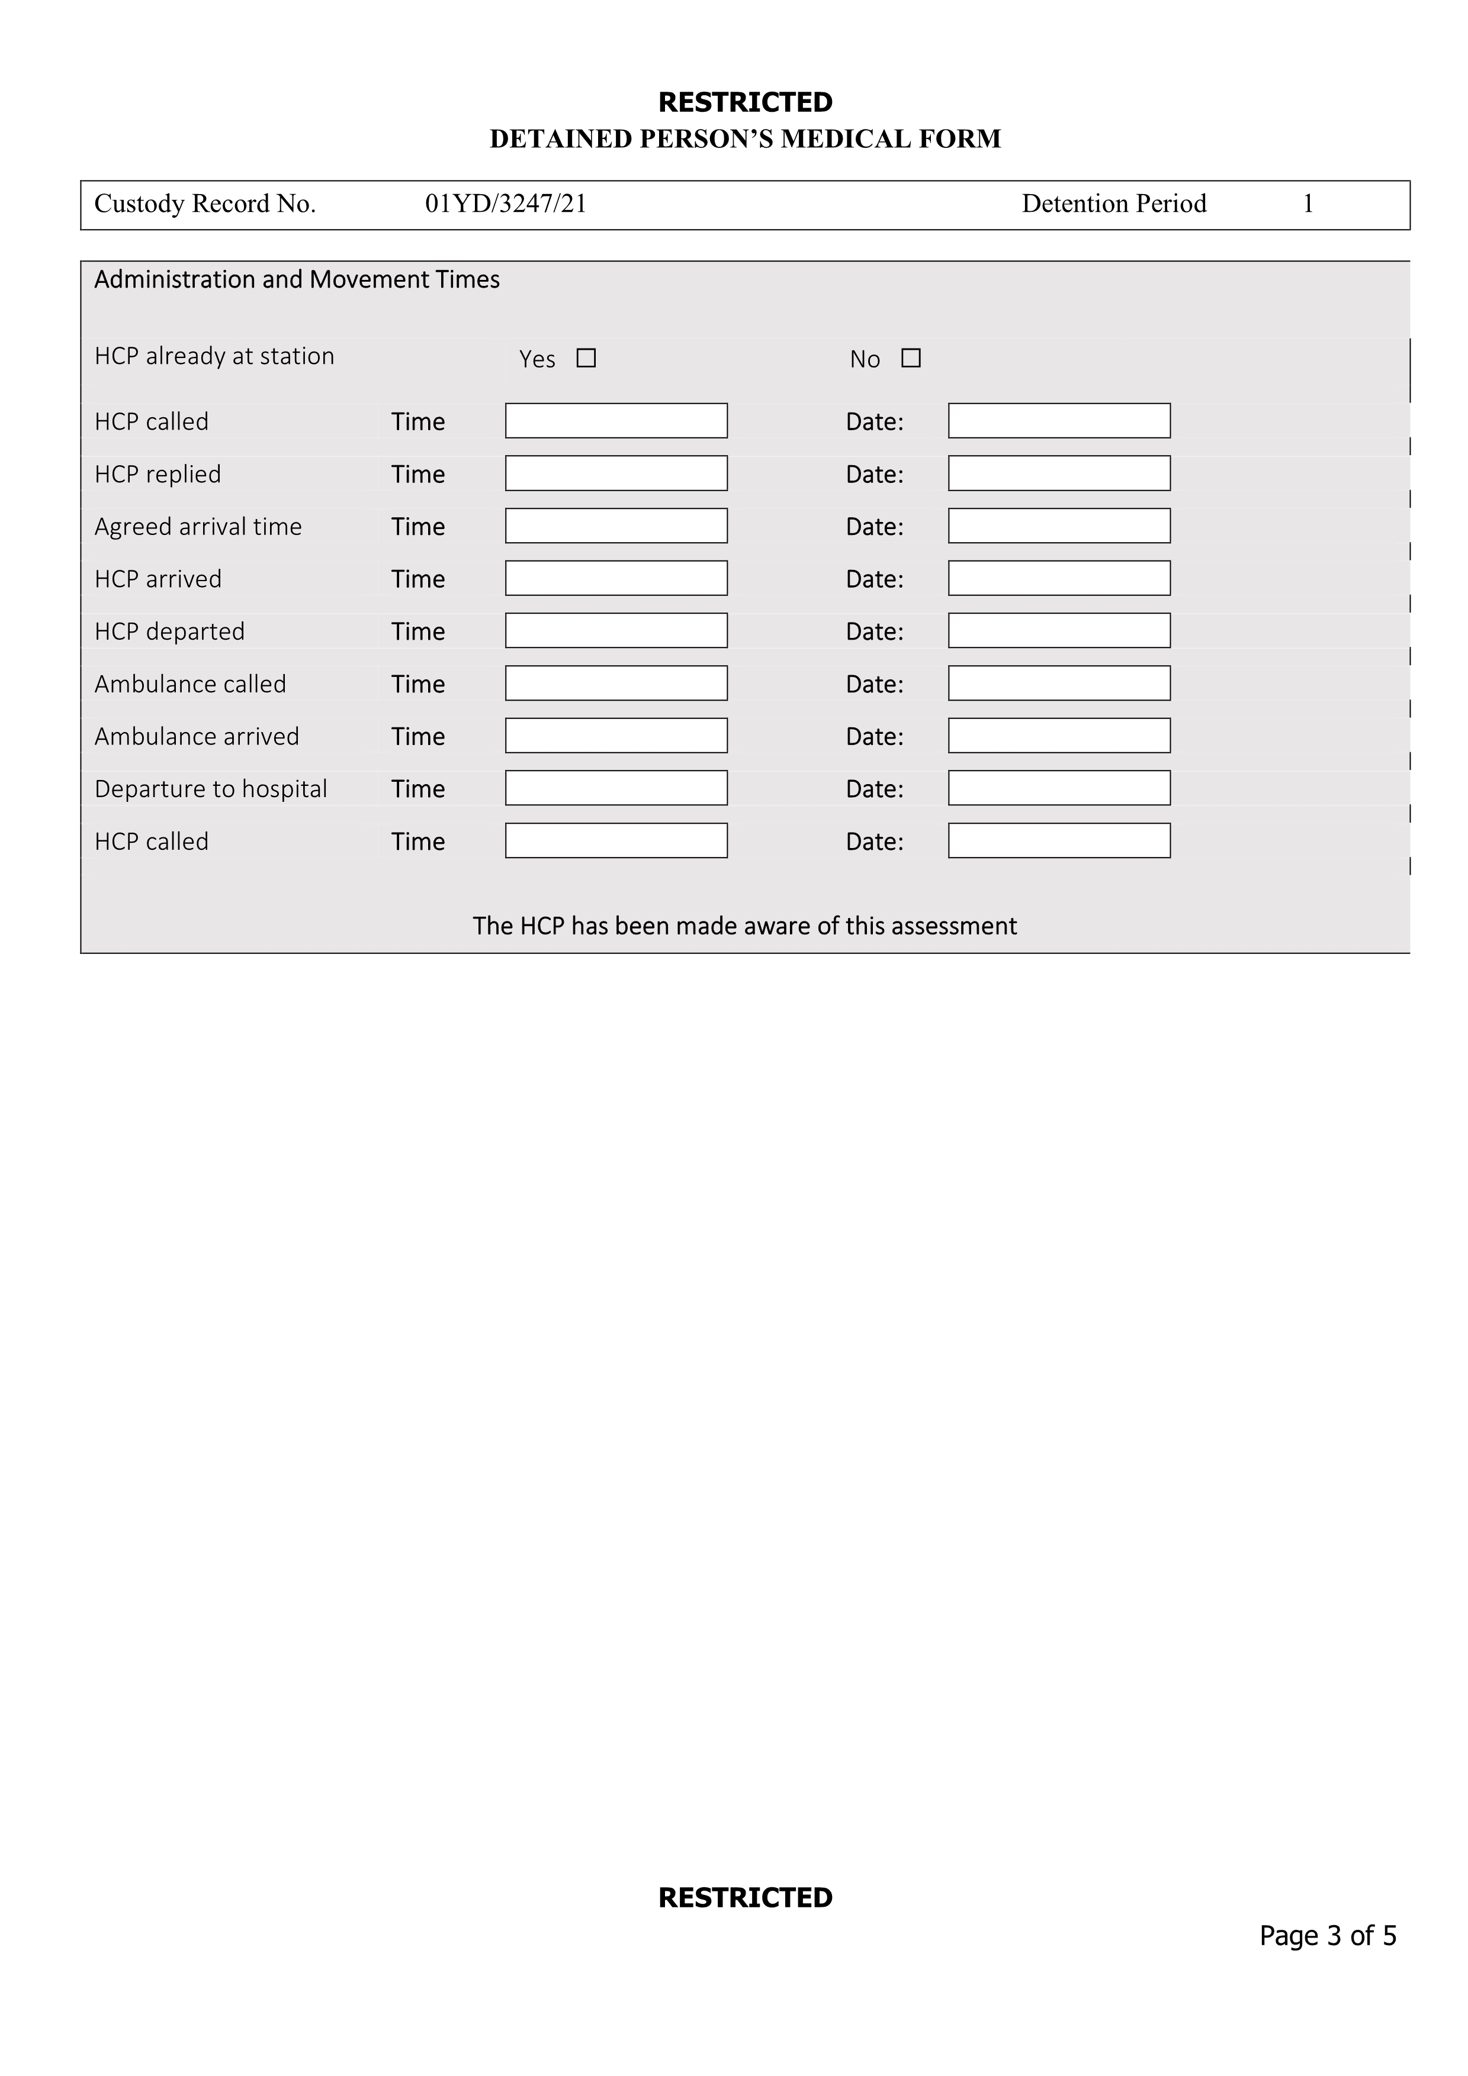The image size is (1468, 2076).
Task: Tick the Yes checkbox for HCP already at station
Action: [x=586, y=358]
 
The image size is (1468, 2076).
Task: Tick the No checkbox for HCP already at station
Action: [x=911, y=358]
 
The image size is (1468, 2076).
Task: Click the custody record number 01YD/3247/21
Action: [x=506, y=204]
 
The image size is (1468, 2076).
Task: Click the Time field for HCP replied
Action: [x=616, y=473]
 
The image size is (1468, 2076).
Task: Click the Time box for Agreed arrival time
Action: [x=616, y=526]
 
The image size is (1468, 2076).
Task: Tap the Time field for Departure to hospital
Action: [x=616, y=788]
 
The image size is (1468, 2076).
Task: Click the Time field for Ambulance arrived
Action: [x=616, y=735]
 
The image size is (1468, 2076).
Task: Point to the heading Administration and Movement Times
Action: [x=297, y=279]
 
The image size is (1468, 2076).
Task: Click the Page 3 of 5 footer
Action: [x=1327, y=1936]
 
